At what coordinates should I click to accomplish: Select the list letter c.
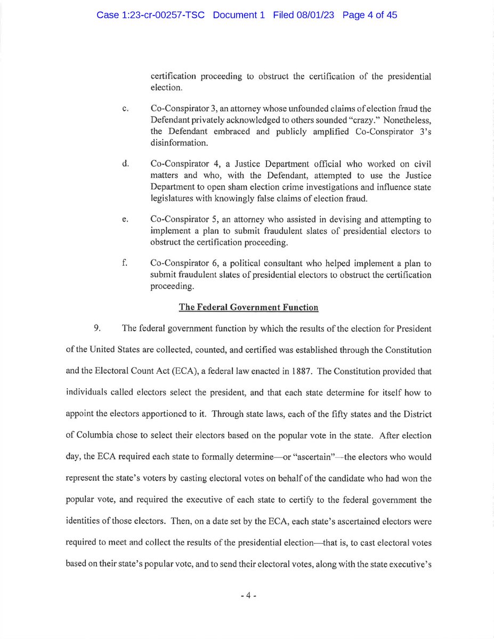coord(124,110)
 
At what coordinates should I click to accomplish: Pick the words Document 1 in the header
coord(239,15)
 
